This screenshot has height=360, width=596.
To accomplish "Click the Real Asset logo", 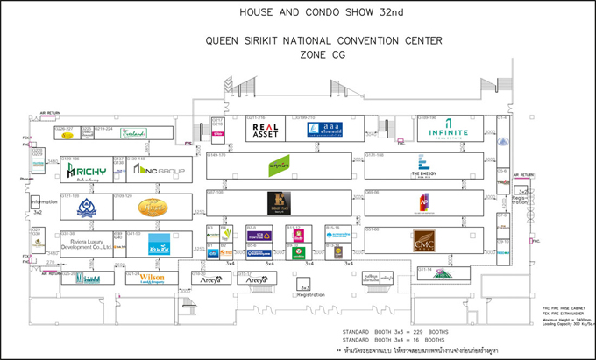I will (x=261, y=130).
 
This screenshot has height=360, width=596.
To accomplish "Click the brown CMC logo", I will (x=423, y=239).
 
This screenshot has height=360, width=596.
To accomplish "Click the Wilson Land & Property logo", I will (x=152, y=279).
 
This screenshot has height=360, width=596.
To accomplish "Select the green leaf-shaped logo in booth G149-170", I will (x=280, y=166).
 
